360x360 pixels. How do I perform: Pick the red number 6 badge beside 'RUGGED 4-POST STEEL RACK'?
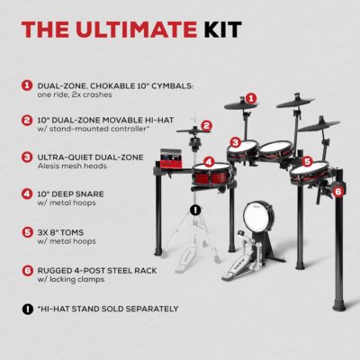[26, 269]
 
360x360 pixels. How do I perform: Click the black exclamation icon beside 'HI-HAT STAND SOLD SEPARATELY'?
[26, 309]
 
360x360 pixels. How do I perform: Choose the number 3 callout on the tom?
[234, 142]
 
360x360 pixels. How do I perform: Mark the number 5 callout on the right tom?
[307, 162]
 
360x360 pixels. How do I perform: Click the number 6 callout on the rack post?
[337, 191]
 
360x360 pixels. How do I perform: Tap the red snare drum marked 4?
[210, 173]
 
